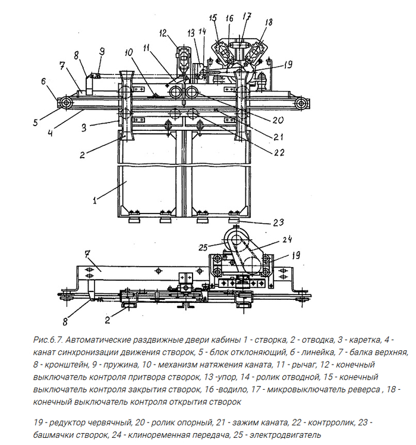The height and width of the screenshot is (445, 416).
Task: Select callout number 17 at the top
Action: pyautogui.click(x=246, y=15)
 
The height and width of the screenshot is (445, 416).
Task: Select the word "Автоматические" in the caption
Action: pyautogui.click(x=102, y=340)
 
